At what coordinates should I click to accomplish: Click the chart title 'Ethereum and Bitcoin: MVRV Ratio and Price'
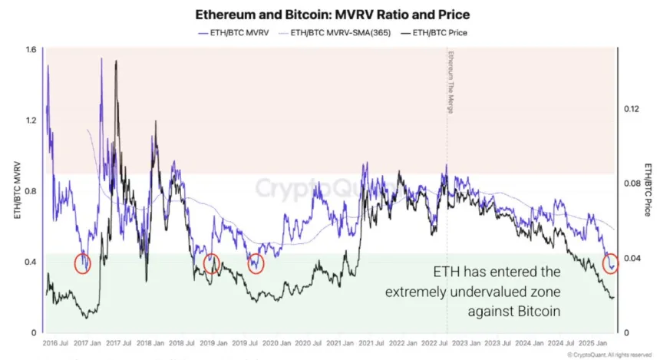tap(332, 15)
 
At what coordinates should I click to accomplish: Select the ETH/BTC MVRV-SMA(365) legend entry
tap(340, 32)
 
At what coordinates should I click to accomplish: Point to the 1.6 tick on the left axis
tap(31, 49)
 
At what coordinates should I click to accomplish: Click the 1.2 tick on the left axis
tap(31, 121)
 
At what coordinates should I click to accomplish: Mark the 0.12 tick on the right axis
tap(630, 109)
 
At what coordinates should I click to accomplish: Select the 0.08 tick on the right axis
tap(630, 183)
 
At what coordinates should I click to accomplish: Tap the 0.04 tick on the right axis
tap(630, 258)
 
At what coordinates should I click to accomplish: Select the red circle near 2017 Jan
tap(83, 264)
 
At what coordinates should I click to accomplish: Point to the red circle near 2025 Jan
tap(611, 264)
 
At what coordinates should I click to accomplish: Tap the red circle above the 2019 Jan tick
tap(212, 264)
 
